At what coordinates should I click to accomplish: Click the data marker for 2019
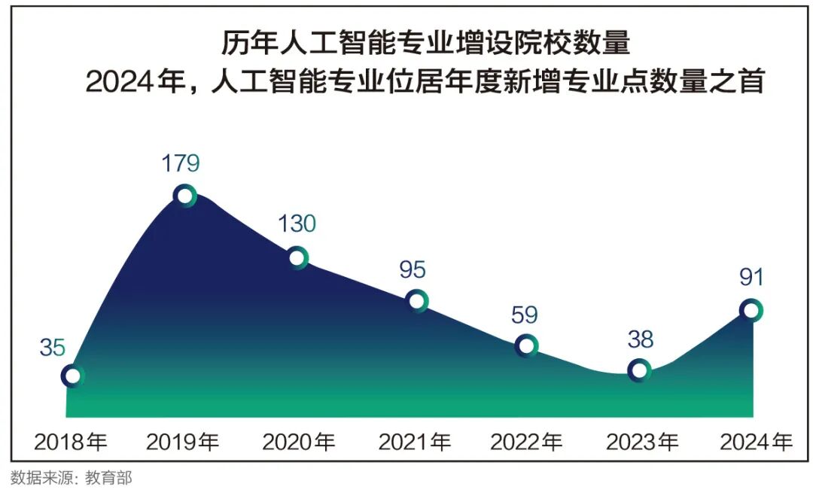coord(184,196)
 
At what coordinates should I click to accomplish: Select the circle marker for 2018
coord(72,376)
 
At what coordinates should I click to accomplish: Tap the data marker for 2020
coord(297,258)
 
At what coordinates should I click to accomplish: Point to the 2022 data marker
coord(526,345)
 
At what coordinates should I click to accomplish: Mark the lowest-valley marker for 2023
coord(638,370)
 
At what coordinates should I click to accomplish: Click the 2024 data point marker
coord(751,309)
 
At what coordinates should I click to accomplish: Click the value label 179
coord(181,163)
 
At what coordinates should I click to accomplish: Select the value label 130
coord(297,224)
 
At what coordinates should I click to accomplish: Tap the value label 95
coord(413,269)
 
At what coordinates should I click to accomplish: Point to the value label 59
coord(524,315)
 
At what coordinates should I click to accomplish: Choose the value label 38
coord(641,339)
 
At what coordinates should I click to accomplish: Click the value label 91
coord(751,277)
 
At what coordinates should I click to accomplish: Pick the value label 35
coord(53,348)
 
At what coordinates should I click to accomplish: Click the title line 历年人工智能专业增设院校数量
coord(425,43)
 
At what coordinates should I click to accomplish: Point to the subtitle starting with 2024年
coord(425,81)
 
